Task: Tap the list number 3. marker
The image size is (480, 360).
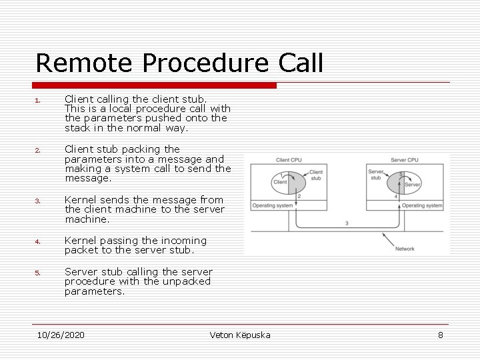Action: click(x=39, y=201)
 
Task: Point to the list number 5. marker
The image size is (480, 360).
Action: click(x=39, y=273)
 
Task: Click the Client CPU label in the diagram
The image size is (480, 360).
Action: click(x=290, y=160)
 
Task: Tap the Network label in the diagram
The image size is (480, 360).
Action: click(x=405, y=249)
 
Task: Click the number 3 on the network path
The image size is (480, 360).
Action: click(x=347, y=223)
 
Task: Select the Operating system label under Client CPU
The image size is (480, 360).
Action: click(x=273, y=205)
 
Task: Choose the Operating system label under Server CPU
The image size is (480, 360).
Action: click(x=423, y=205)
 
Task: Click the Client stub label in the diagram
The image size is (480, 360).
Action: click(x=316, y=175)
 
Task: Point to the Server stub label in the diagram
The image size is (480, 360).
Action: click(x=375, y=175)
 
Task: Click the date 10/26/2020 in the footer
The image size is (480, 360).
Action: click(x=61, y=335)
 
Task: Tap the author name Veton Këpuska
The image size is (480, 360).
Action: click(x=240, y=335)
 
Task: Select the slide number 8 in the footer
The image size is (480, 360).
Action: click(x=441, y=335)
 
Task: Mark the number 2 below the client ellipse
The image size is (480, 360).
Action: click(x=299, y=196)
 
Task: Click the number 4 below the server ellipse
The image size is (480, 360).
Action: click(x=396, y=196)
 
